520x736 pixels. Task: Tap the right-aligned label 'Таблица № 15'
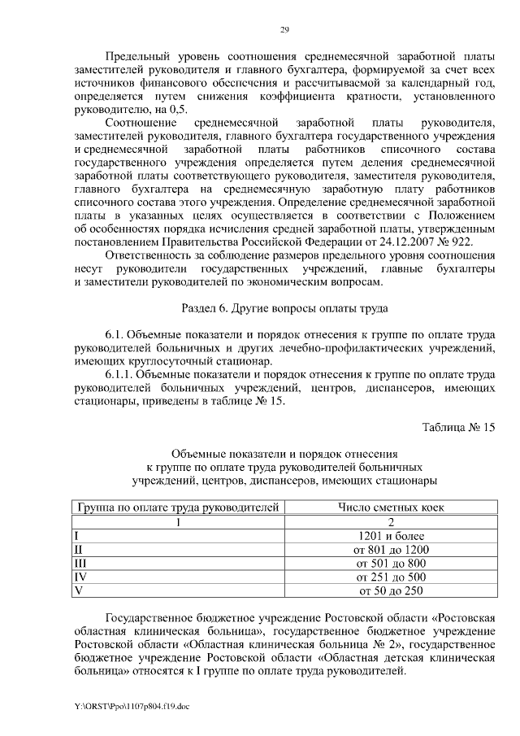tap(458, 427)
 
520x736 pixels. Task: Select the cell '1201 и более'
tap(391, 535)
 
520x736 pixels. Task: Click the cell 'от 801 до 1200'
tap(391, 549)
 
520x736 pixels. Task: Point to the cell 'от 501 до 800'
tap(391, 563)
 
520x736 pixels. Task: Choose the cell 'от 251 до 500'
tap(391, 577)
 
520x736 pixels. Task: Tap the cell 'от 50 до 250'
tap(391, 590)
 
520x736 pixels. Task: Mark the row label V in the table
tap(78, 590)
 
